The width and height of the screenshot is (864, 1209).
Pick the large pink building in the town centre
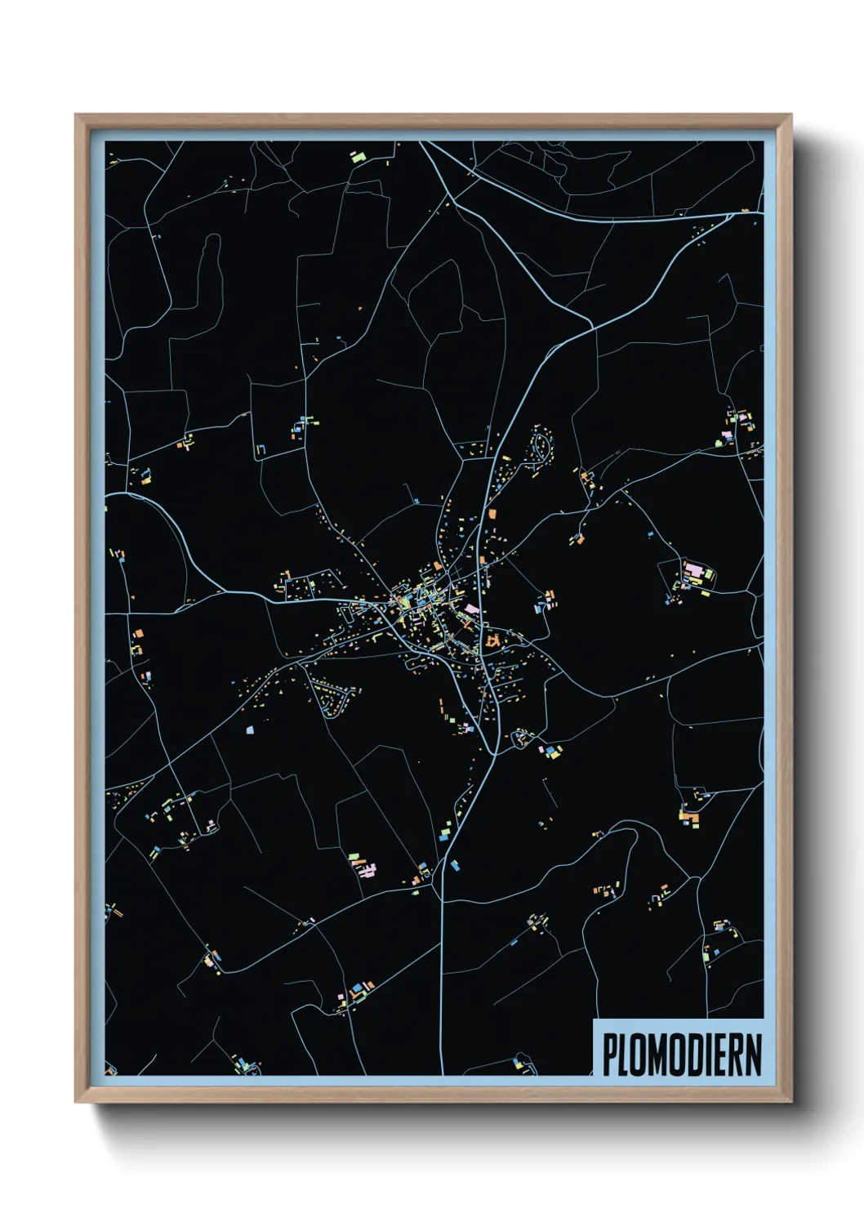pyautogui.click(x=471, y=609)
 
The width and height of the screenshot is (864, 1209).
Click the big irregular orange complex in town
pyautogui.click(x=492, y=641)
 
